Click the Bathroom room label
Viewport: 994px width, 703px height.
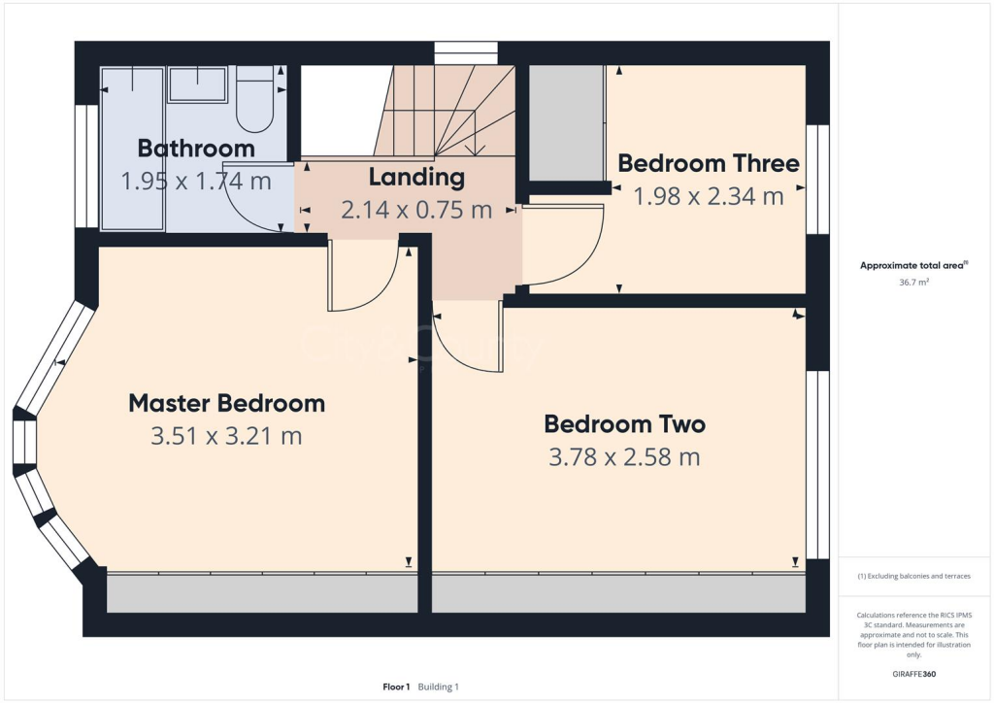coord(196,149)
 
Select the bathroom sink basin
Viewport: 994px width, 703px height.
coord(198,84)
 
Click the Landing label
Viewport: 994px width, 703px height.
coord(416,178)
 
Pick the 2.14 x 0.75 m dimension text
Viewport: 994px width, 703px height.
coord(416,210)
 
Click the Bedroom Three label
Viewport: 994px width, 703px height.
coord(709,163)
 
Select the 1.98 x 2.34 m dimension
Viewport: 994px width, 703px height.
coord(709,196)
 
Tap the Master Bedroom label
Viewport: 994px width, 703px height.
coord(226,403)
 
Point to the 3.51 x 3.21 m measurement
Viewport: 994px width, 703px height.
coord(226,436)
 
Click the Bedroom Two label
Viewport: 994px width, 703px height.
coord(624,424)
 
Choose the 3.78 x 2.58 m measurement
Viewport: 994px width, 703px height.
coord(624,457)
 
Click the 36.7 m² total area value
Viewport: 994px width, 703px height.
coord(913,283)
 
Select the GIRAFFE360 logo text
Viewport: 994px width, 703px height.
coord(913,674)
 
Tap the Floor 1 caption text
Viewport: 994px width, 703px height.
coord(396,687)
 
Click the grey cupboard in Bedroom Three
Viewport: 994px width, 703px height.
coord(566,122)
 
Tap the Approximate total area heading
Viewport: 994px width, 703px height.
coord(913,265)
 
